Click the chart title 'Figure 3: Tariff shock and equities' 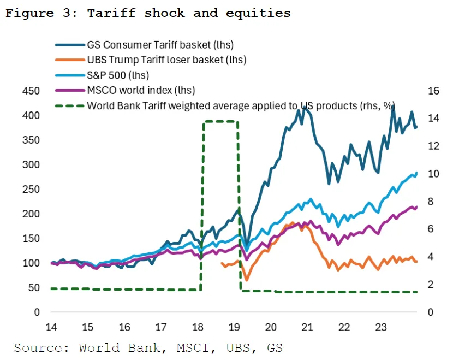pos(147,13)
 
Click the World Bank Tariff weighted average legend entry pos(241,105)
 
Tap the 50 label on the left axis pos(34,288)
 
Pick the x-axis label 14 pos(51,327)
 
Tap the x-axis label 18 pos(198,327)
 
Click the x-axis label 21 pos(307,327)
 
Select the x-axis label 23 pos(380,327)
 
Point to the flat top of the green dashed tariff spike pos(220,121)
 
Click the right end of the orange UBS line pos(416,262)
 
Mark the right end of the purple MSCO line pos(416,207)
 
